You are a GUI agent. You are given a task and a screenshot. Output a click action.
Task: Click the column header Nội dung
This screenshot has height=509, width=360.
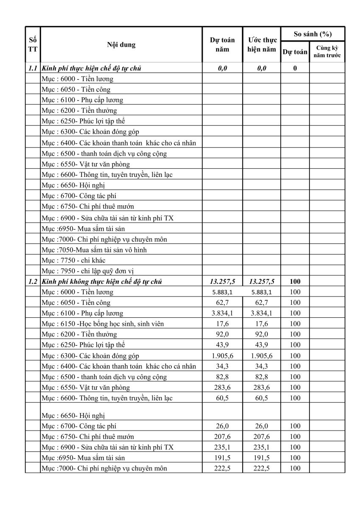coord(121,45)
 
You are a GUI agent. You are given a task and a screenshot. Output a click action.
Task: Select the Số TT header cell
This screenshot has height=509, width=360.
coord(33,45)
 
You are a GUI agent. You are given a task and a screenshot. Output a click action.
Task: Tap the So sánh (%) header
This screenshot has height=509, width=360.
coord(313,34)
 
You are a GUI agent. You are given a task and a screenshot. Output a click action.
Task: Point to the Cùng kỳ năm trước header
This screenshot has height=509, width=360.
coord(327,52)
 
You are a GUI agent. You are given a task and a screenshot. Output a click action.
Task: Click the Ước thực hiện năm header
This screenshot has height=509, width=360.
coord(262,45)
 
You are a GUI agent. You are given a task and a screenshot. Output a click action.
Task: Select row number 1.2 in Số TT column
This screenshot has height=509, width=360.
coord(33,281)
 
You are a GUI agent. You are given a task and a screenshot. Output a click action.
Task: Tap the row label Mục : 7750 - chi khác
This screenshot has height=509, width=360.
coord(73,260)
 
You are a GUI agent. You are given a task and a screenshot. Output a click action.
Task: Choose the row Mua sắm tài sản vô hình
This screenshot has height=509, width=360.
coord(94,250)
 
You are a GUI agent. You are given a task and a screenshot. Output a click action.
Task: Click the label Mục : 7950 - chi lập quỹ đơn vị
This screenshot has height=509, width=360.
coord(88,271)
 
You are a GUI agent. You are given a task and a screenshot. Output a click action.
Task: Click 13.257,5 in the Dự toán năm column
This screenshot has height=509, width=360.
coord(222,281)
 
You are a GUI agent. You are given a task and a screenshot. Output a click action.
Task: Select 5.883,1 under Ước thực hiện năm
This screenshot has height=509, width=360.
coord(262,292)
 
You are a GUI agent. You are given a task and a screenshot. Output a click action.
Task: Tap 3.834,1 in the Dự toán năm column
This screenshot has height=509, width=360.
coord(222,313)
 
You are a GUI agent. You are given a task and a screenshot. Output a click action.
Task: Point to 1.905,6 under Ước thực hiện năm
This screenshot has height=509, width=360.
coord(262,355)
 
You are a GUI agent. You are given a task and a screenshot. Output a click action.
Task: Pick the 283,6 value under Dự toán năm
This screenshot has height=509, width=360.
coord(222,387)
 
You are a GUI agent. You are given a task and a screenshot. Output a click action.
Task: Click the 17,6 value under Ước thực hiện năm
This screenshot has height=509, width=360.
coord(262,324)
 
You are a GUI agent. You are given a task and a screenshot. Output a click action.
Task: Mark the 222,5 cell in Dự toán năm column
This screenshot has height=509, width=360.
coord(222,468)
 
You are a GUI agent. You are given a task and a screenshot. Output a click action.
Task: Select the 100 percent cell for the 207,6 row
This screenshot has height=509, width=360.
coord(295,436)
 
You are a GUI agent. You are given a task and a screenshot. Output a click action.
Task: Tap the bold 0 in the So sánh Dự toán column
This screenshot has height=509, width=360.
coord(295,68)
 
